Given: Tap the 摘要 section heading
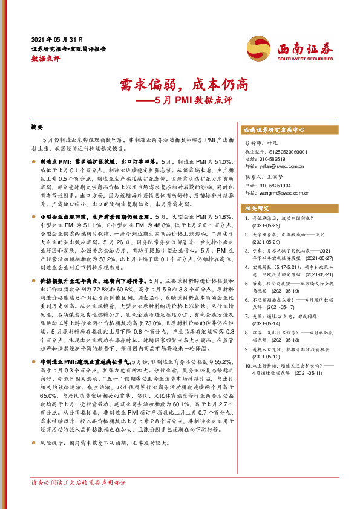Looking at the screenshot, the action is pos(37,128).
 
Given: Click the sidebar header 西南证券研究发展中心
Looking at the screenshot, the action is pos(273,130).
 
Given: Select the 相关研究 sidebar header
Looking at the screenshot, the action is pos(256,209).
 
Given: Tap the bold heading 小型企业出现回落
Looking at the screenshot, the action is pos(67,216).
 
